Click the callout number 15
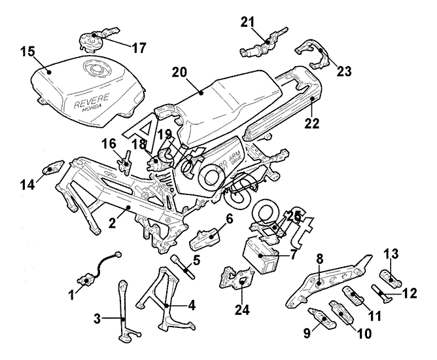[x=27, y=51]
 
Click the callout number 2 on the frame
[x=112, y=223]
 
